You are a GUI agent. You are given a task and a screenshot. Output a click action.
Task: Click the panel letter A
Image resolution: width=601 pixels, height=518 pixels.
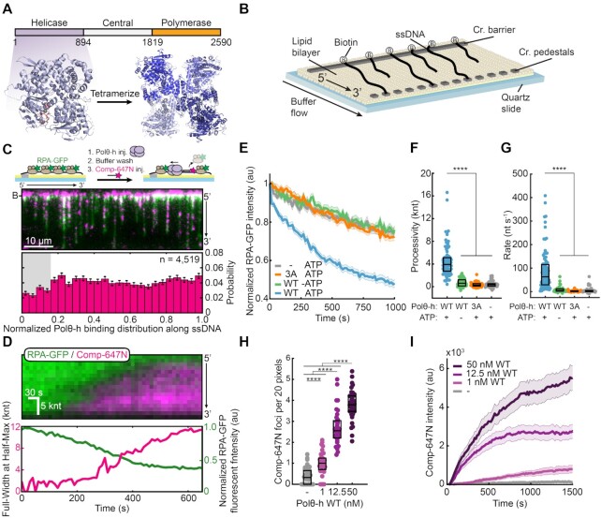7,8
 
